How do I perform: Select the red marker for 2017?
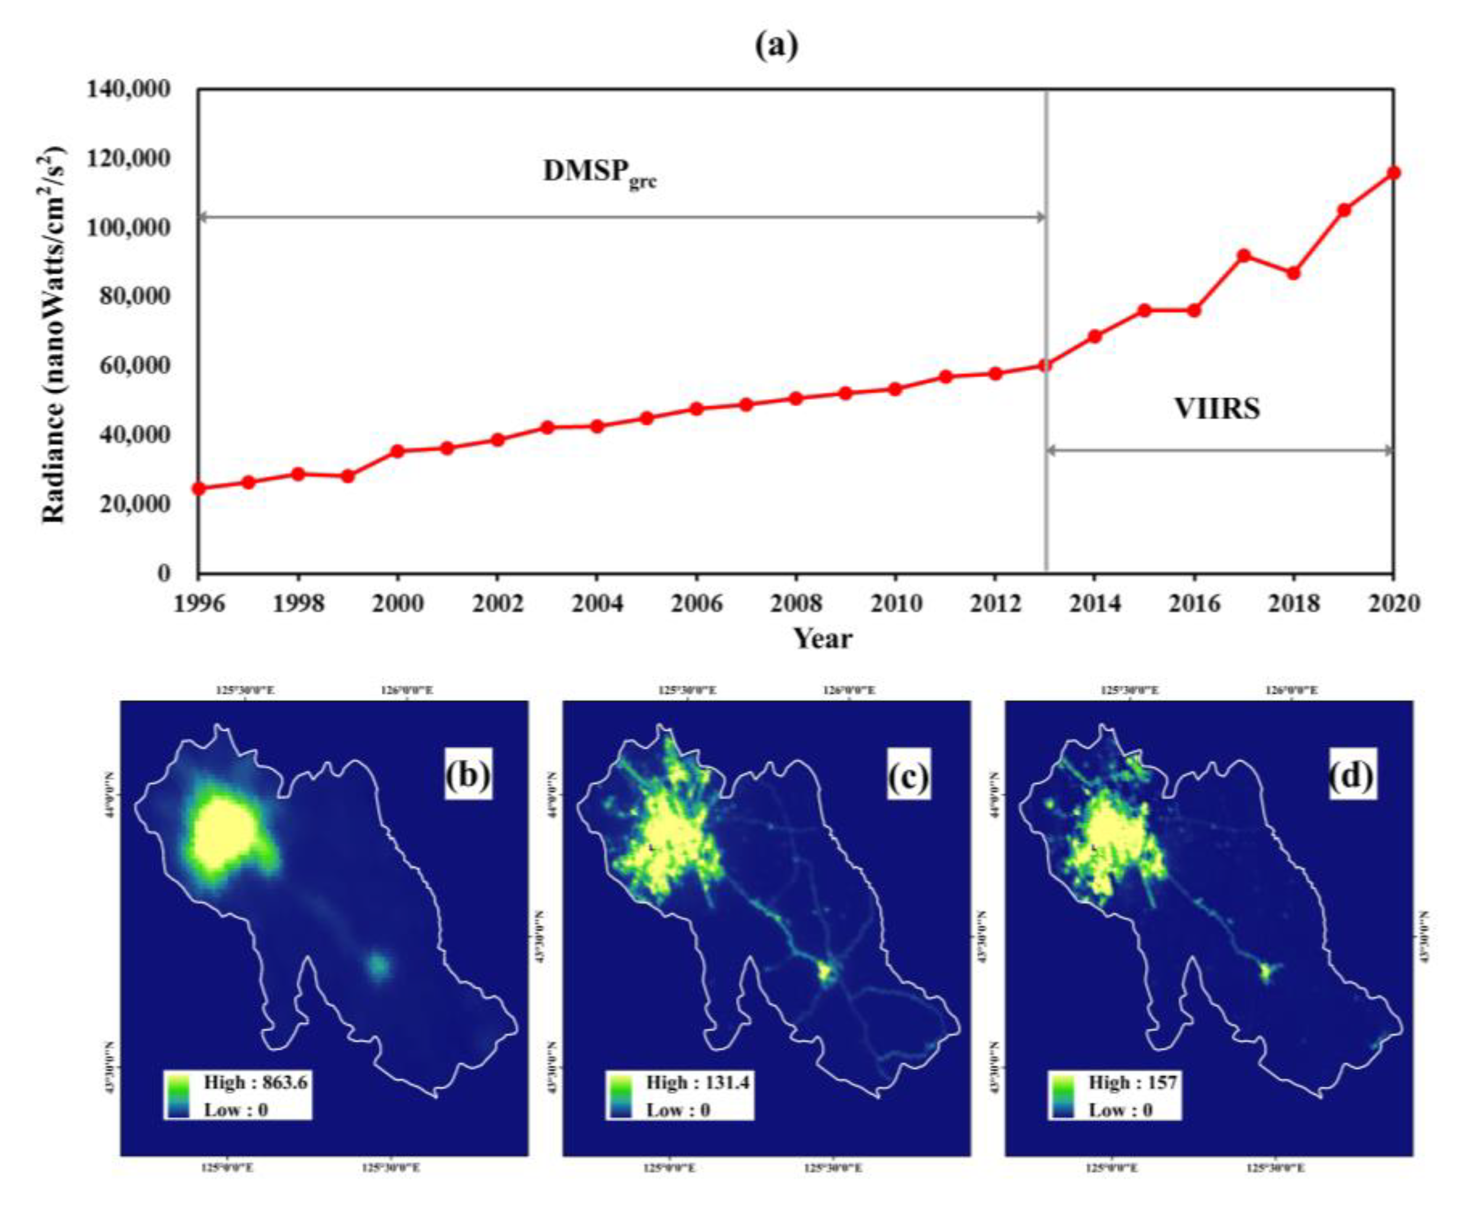[x=1244, y=256]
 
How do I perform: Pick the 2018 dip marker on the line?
[x=1293, y=273]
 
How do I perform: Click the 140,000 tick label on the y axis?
[x=129, y=90]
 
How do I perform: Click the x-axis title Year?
[x=822, y=638]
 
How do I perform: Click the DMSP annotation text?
[x=599, y=172]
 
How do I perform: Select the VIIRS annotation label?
[x=1217, y=408]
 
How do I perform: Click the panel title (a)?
[x=777, y=46]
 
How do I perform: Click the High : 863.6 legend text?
[x=255, y=1082]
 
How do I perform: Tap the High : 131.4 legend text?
[x=697, y=1082]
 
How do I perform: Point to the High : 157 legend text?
[x=1132, y=1082]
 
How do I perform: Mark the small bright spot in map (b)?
[x=379, y=965]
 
